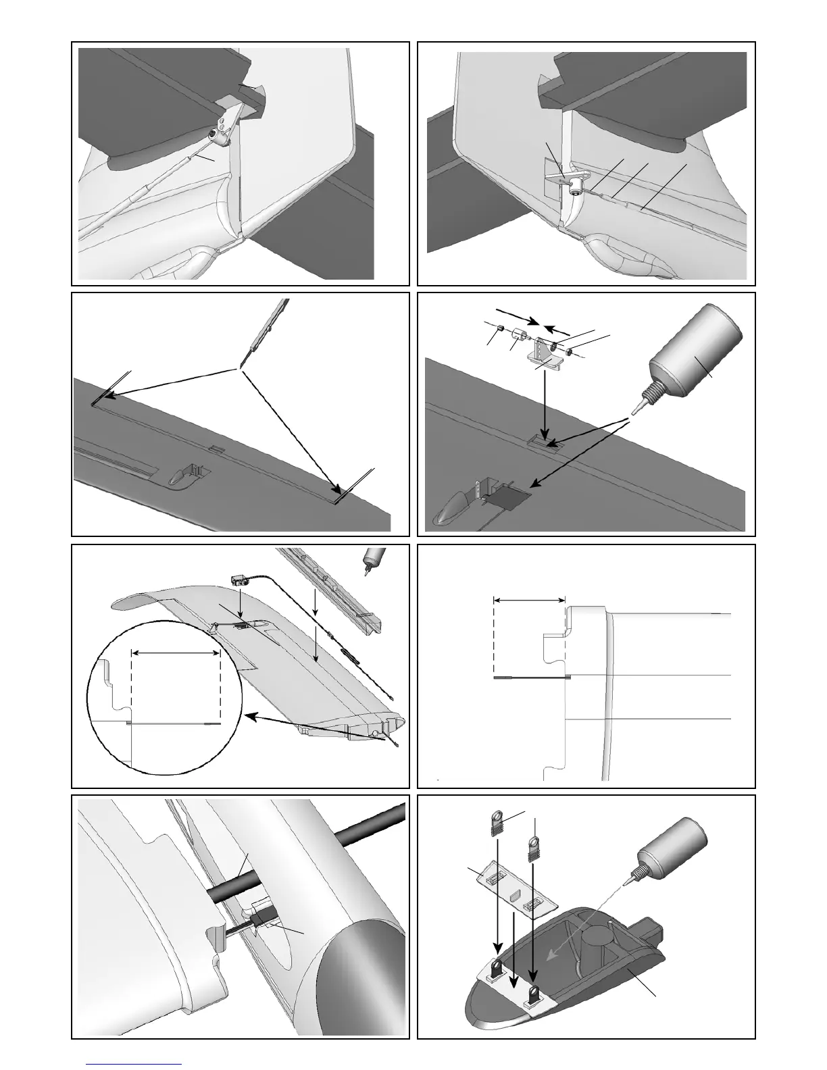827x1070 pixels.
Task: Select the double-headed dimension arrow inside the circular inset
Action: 176,653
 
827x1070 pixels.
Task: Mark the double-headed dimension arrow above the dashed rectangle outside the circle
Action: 529,598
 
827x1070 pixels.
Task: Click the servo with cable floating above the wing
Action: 240,580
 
